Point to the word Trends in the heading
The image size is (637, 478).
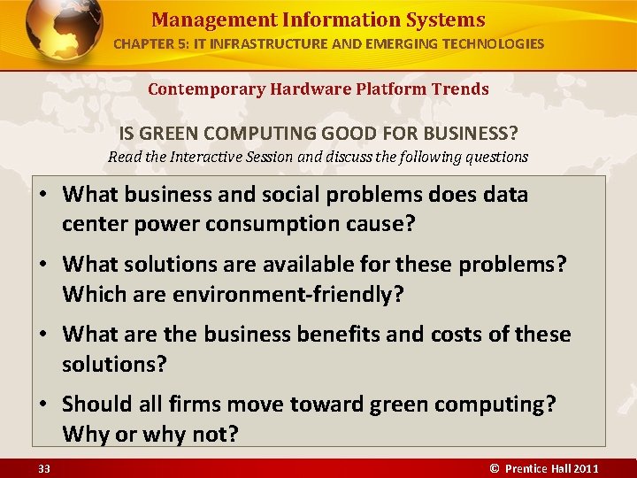point(460,89)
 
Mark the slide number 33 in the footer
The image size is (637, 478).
point(44,468)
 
